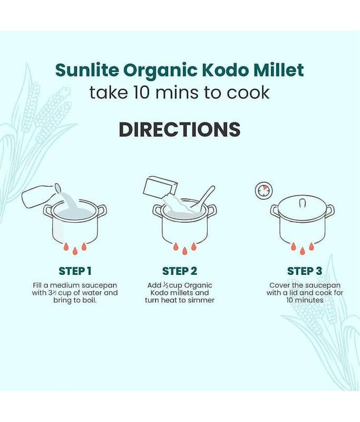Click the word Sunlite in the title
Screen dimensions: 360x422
pyautogui.click(x=87, y=70)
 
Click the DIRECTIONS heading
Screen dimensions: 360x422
pyautogui.click(x=180, y=130)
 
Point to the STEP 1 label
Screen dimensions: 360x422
pyautogui.click(x=75, y=271)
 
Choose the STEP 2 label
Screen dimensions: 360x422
pyautogui.click(x=180, y=271)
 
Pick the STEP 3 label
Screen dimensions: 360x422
pyautogui.click(x=305, y=271)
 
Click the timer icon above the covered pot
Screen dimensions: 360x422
pyautogui.click(x=264, y=191)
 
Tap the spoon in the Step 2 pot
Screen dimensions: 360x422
pyautogui.click(x=203, y=197)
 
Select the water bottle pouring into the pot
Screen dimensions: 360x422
pyautogui.click(x=41, y=195)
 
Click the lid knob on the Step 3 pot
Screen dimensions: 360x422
pyautogui.click(x=303, y=203)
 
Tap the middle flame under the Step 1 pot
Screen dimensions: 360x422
pyautogui.click(x=75, y=251)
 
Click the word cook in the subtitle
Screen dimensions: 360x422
pyautogui.click(x=248, y=93)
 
